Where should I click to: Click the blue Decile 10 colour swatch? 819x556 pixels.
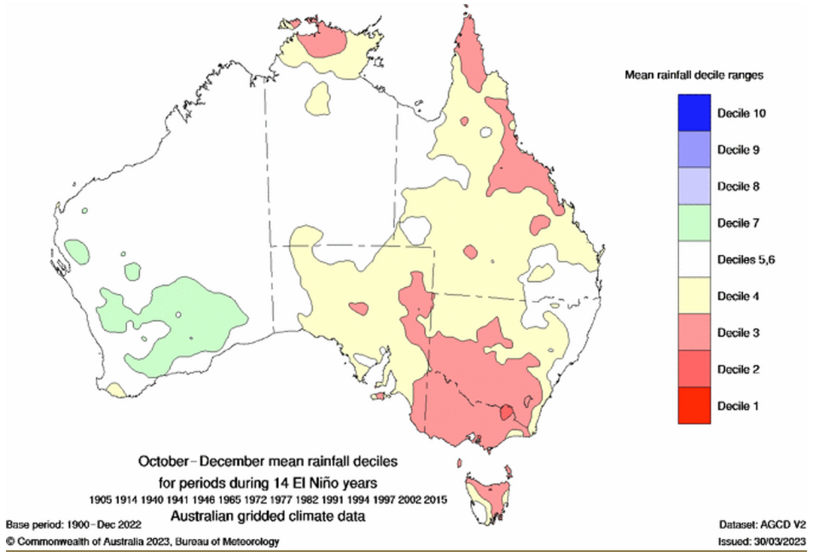[x=694, y=113]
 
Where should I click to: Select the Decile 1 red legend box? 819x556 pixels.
[x=694, y=406]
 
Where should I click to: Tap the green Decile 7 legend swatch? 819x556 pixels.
[x=694, y=223]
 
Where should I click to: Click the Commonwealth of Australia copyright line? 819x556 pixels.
[x=142, y=542]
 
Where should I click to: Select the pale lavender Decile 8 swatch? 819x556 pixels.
[x=694, y=186]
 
